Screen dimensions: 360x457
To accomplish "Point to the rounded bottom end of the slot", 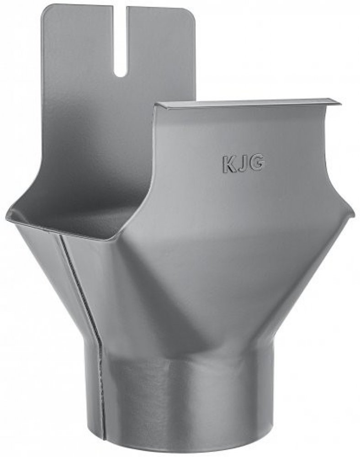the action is (x=122, y=75).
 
